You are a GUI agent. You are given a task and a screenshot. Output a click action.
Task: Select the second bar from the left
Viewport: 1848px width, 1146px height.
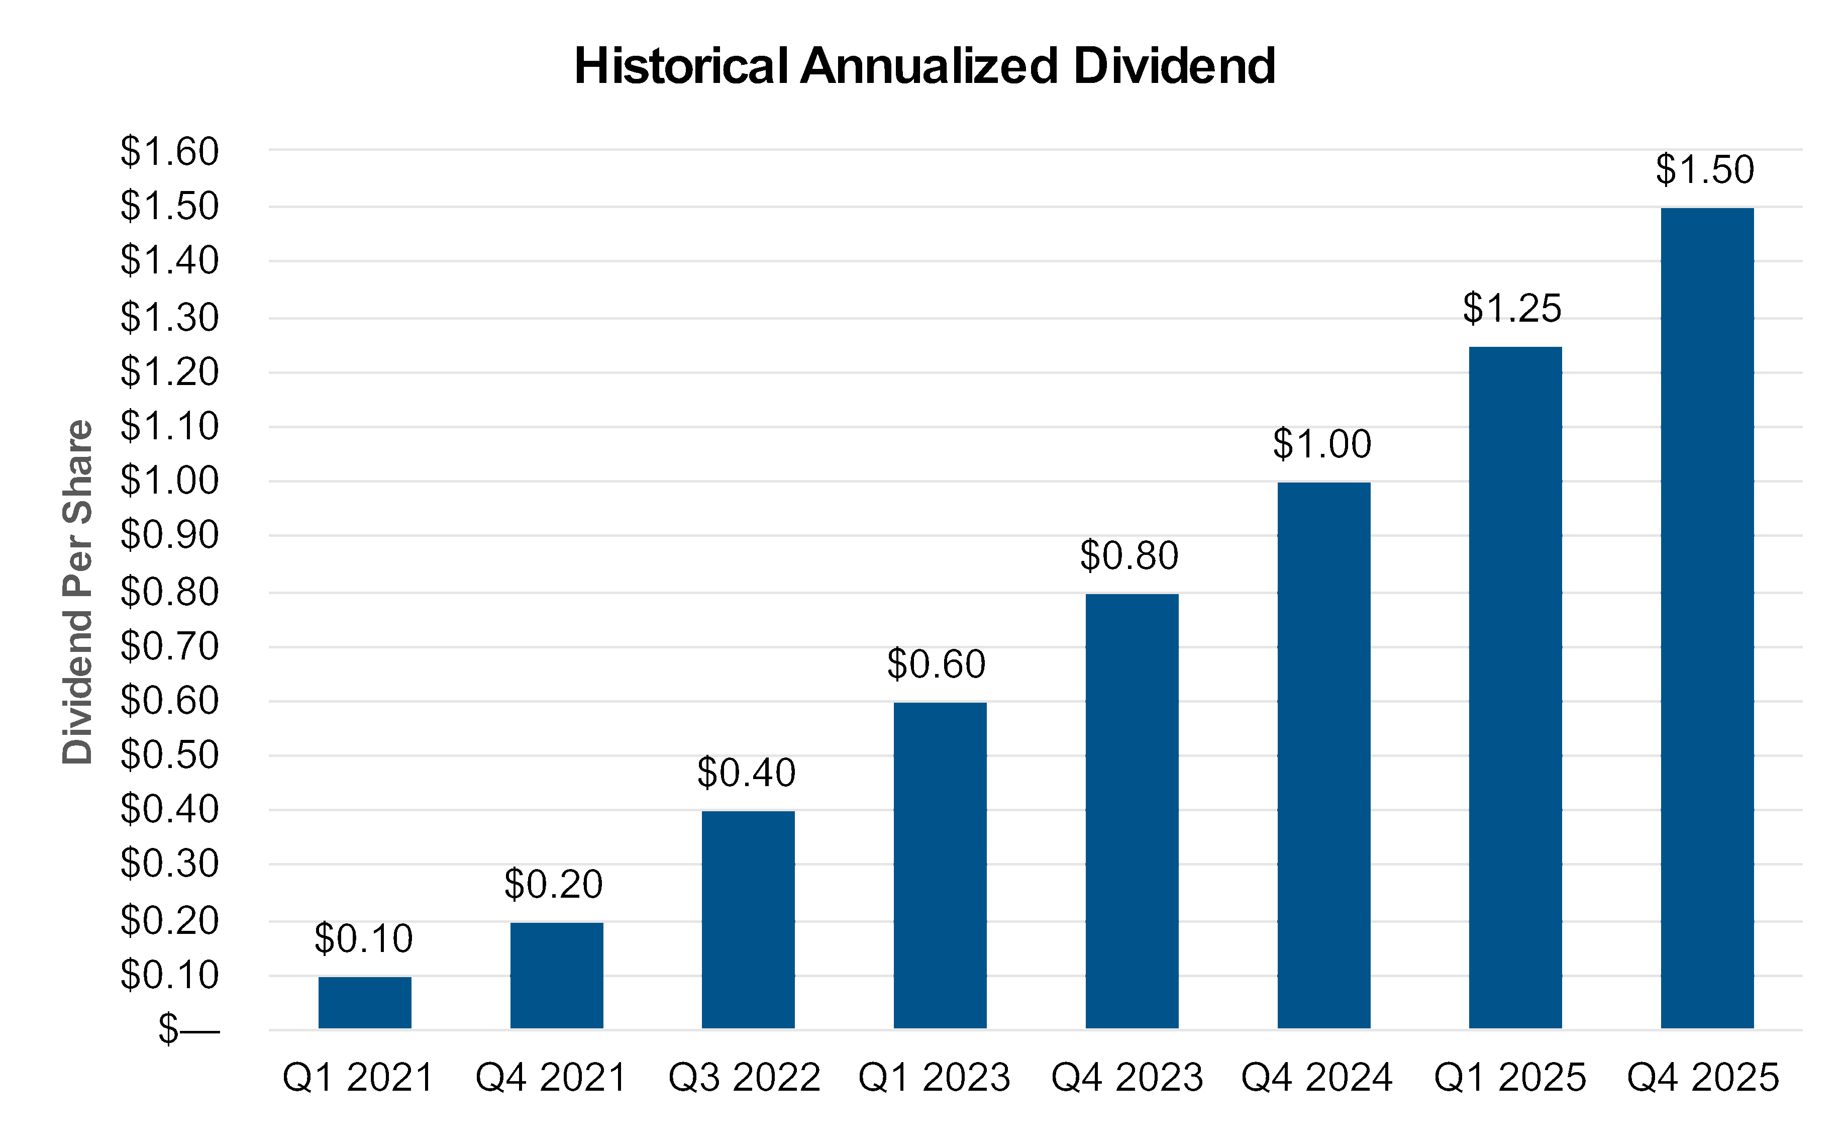pos(556,976)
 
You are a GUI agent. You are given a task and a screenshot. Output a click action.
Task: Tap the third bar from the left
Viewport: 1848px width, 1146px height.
pos(748,919)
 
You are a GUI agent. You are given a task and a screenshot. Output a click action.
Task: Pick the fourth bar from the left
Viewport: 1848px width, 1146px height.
pos(940,866)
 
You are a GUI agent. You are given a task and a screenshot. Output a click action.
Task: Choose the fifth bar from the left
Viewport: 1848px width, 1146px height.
pos(1132,811)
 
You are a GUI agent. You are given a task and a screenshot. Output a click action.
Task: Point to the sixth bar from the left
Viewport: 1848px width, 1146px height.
pos(1323,755)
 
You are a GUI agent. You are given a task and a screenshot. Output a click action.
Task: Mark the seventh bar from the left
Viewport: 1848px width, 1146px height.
pos(1515,688)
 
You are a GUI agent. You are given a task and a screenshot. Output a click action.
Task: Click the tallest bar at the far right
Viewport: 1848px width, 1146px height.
pos(1707,618)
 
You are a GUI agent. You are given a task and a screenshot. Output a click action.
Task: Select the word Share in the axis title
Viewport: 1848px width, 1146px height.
pos(77,470)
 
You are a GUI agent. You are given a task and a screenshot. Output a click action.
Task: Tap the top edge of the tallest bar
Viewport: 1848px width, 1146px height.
pos(1707,209)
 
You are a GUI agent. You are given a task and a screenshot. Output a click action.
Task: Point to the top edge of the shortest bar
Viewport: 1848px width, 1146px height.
pos(364,978)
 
